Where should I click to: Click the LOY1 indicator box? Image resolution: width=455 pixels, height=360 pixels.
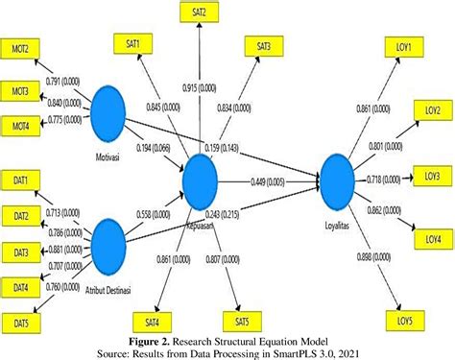click(x=401, y=47)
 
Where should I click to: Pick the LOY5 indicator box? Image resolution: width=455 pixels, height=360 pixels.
click(x=403, y=319)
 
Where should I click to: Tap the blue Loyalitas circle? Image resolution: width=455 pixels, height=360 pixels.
click(x=340, y=178)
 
